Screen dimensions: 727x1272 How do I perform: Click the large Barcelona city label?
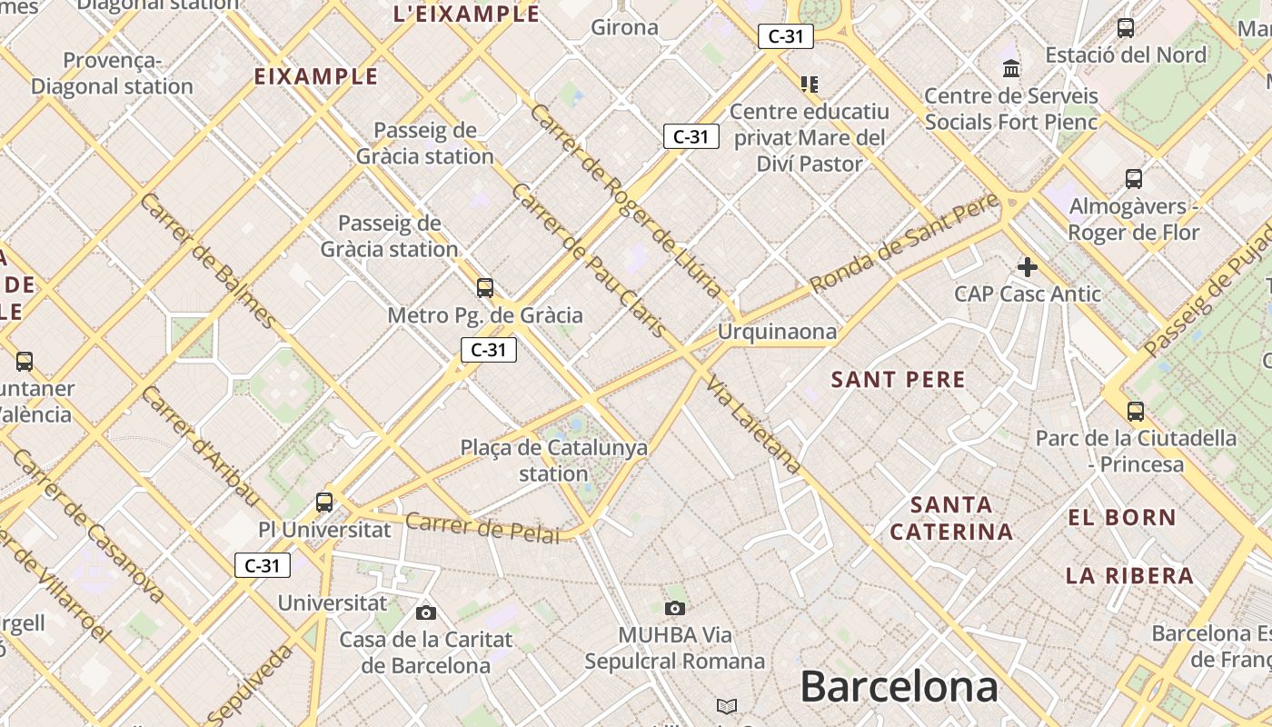pyautogui.click(x=899, y=687)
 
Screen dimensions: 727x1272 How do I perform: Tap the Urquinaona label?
pyautogui.click(x=777, y=332)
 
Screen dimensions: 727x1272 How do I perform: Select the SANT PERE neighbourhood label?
pyautogui.click(x=898, y=380)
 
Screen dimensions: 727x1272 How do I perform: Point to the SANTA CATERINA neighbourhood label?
pyautogui.click(x=951, y=518)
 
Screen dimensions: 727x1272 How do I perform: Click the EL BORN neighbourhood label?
pyautogui.click(x=1121, y=518)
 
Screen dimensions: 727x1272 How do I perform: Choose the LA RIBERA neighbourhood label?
pyautogui.click(x=1129, y=575)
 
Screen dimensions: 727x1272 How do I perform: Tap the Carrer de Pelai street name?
pyautogui.click(x=482, y=528)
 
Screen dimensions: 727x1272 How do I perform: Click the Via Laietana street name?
pyautogui.click(x=754, y=424)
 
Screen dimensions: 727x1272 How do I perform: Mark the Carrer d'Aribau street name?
pyautogui.click(x=201, y=445)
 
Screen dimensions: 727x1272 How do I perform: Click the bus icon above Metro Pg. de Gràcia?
pyautogui.click(x=485, y=288)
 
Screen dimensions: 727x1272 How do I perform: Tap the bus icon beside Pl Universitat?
pyautogui.click(x=324, y=502)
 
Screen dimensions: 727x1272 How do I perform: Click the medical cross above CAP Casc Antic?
pyautogui.click(x=1028, y=267)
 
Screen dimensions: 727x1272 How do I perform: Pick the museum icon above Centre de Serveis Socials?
pyautogui.click(x=1011, y=68)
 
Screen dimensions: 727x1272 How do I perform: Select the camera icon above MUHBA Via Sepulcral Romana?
pyautogui.click(x=674, y=608)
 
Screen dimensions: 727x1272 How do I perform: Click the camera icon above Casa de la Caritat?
pyautogui.click(x=425, y=612)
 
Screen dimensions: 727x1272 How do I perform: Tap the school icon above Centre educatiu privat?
pyautogui.click(x=810, y=85)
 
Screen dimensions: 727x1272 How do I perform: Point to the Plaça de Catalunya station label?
pyautogui.click(x=554, y=460)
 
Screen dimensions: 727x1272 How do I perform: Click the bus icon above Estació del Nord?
pyautogui.click(x=1126, y=28)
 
